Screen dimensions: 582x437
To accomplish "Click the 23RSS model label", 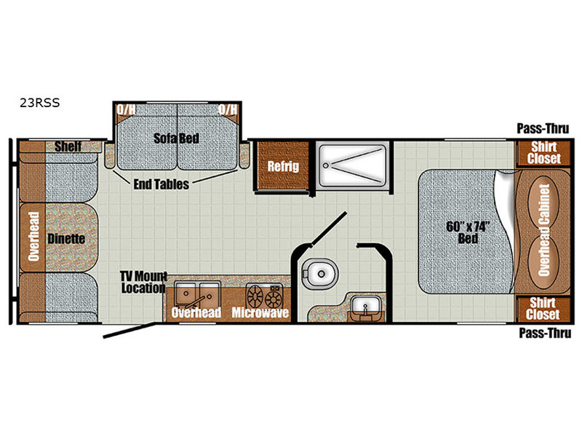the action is point(40,103).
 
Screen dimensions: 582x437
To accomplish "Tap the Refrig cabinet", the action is point(283,165).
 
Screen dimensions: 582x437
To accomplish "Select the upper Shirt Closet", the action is point(543,153).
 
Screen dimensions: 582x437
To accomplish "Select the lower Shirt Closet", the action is point(543,309).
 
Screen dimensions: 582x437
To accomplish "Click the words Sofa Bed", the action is point(176,138).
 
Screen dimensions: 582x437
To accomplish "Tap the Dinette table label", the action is point(66,239).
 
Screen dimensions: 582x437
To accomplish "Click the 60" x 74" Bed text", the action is point(468,232).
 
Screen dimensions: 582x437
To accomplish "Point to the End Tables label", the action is point(161,184).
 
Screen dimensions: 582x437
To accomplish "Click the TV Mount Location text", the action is point(143,282).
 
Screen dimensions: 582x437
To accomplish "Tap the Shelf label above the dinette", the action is point(68,146).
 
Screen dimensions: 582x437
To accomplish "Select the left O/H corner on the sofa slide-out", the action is point(126,110).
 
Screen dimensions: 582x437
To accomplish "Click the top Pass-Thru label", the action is point(543,129).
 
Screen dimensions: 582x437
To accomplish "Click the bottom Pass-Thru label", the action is point(544,333).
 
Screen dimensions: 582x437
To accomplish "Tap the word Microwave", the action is point(260,312).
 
